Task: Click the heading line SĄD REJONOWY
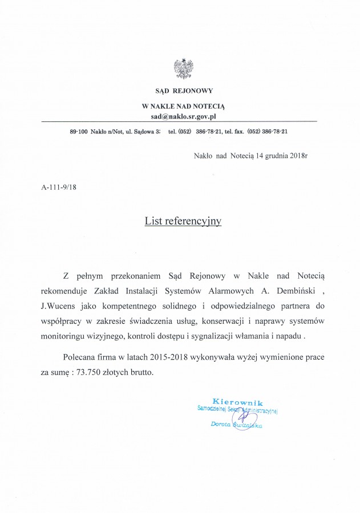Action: pos(184,90)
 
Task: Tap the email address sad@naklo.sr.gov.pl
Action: pos(184,116)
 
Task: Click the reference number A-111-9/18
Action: pos(59,186)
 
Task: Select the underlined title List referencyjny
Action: pos(183,219)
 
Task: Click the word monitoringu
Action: pos(65,336)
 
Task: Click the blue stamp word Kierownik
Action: pos(237,402)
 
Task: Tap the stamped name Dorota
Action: pos(223,424)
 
